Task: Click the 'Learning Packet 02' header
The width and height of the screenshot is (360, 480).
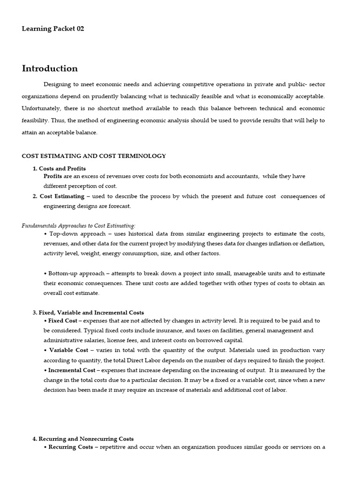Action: click(53, 29)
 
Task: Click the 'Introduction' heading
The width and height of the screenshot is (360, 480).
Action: click(50, 68)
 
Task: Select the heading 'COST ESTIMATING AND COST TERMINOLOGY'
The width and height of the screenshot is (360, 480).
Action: click(94, 156)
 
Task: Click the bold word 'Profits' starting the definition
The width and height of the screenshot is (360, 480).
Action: click(53, 176)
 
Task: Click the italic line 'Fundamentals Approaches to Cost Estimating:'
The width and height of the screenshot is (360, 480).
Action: click(78, 225)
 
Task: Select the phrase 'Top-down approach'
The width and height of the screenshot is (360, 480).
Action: click(74, 233)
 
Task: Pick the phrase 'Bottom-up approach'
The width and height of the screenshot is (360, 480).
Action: click(77, 273)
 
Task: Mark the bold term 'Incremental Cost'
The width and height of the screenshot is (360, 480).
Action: click(72, 370)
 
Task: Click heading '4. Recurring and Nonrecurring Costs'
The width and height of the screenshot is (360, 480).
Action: click(83, 439)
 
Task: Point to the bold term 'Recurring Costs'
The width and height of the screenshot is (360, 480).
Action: click(70, 447)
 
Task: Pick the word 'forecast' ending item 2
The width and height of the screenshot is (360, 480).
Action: click(120, 206)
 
